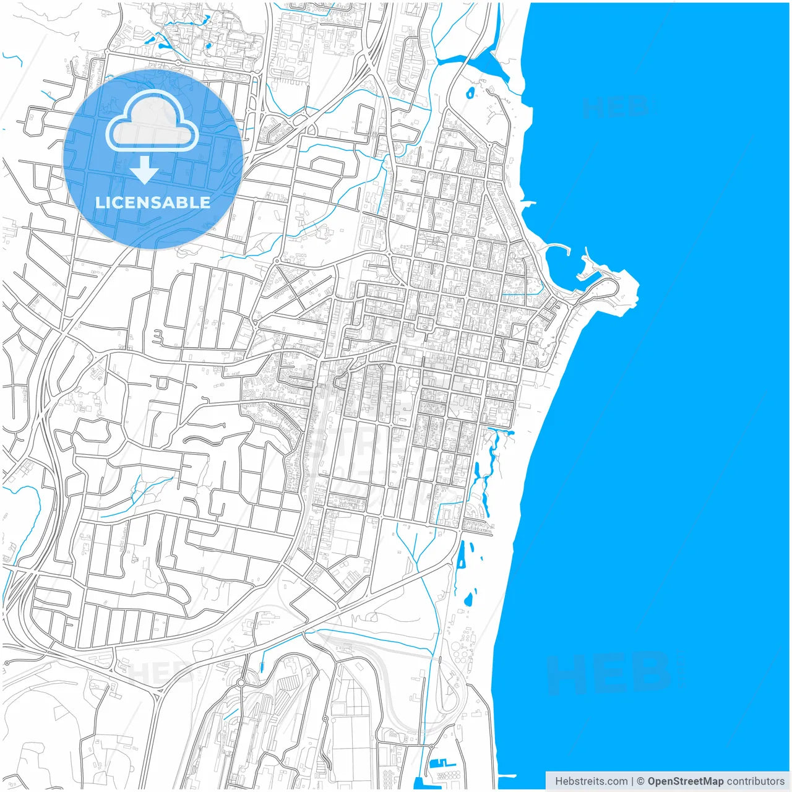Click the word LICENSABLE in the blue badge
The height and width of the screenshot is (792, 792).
(x=152, y=202)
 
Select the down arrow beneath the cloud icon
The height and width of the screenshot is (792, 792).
(x=144, y=170)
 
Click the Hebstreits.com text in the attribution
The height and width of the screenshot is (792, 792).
(x=591, y=781)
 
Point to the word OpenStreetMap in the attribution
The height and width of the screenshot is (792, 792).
(x=685, y=781)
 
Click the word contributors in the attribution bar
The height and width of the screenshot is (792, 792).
(x=755, y=781)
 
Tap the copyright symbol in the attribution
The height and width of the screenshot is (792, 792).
(x=640, y=781)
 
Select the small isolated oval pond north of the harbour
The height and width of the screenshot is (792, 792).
(x=470, y=93)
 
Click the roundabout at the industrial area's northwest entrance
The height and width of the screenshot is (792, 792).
(x=241, y=682)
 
